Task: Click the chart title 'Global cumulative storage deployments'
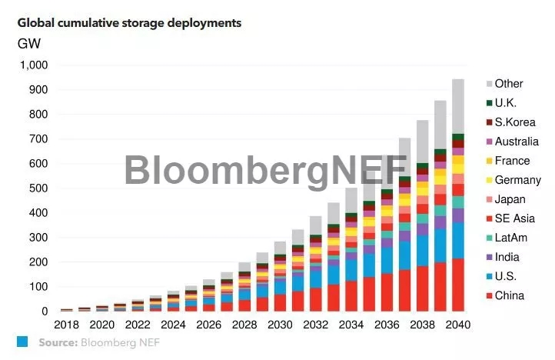(x=129, y=23)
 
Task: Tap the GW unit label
(x=29, y=43)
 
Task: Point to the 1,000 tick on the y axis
(x=33, y=65)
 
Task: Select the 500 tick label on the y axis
(x=38, y=188)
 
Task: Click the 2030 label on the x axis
(x=279, y=325)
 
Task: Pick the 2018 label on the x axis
(x=67, y=325)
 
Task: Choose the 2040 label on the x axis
(x=457, y=325)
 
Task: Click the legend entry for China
(x=509, y=295)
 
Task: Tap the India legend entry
(x=507, y=257)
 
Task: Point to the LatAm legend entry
(x=510, y=238)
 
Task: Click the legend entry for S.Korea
(x=514, y=122)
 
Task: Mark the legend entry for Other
(x=509, y=84)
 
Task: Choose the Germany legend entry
(x=517, y=180)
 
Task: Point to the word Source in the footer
(x=56, y=342)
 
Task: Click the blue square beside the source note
(x=22, y=342)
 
